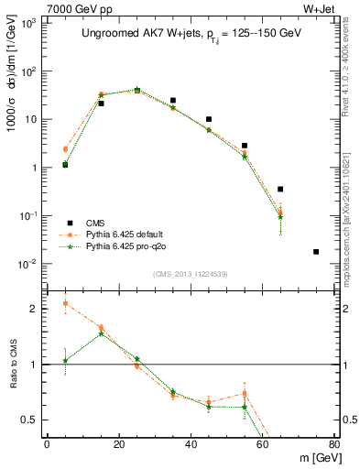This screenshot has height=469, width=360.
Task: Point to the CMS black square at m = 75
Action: pos(316,251)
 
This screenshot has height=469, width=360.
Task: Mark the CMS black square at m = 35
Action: pos(172,100)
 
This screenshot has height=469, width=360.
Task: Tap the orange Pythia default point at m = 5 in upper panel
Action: pos(65,148)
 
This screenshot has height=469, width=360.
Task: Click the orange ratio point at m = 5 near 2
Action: pos(65,303)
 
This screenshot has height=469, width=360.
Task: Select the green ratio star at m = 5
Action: pos(65,360)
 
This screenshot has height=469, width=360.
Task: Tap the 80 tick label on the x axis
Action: pos(333,444)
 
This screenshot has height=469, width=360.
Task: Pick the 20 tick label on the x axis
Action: pos(119,444)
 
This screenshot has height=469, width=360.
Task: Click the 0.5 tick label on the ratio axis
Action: pos(31,420)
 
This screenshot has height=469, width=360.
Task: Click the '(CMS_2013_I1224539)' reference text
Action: pos(190,272)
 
